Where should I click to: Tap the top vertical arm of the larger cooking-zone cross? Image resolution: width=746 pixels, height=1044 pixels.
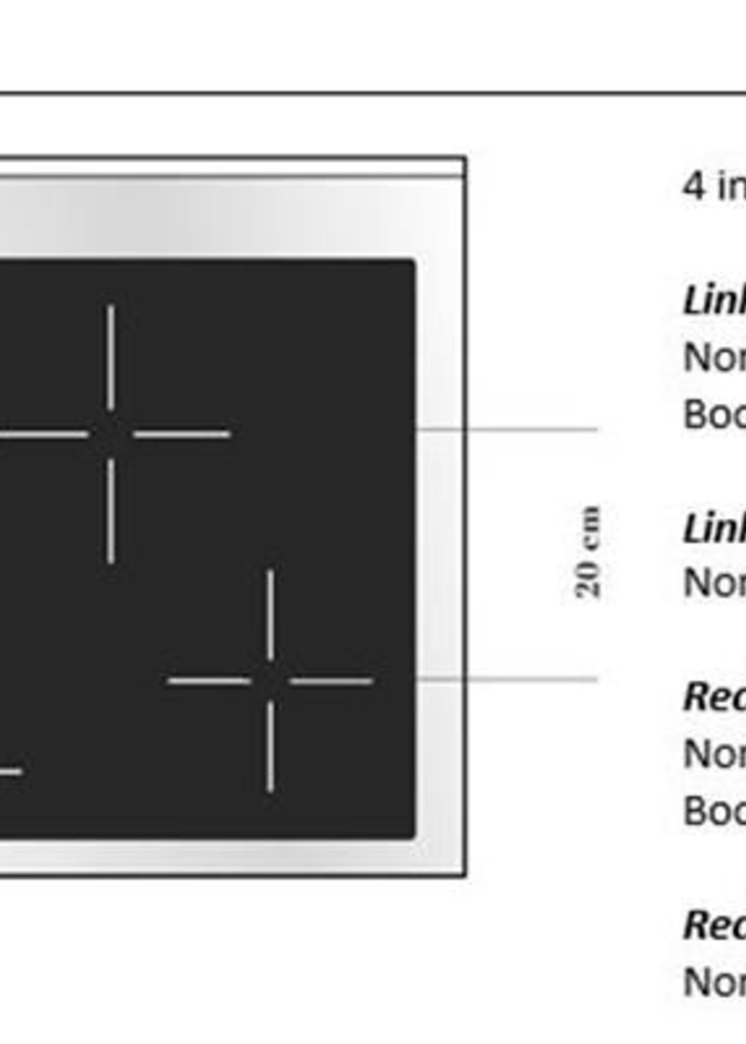[111, 357]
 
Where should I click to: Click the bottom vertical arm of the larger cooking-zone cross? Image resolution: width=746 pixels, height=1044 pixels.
[111, 511]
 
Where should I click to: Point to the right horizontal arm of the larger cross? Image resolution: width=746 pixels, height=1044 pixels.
[182, 434]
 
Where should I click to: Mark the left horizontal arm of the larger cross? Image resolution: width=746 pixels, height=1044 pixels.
[44, 434]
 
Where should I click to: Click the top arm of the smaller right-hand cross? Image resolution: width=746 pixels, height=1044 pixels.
[270, 615]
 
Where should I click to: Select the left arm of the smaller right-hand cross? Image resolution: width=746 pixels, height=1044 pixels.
[209, 681]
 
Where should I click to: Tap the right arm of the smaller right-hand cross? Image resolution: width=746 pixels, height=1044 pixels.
[331, 681]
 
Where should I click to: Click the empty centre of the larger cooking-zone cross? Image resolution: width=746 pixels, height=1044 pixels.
[111, 434]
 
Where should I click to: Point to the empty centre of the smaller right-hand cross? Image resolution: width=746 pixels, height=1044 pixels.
[270, 681]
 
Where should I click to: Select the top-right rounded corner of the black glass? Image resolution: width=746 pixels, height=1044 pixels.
[412, 264]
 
